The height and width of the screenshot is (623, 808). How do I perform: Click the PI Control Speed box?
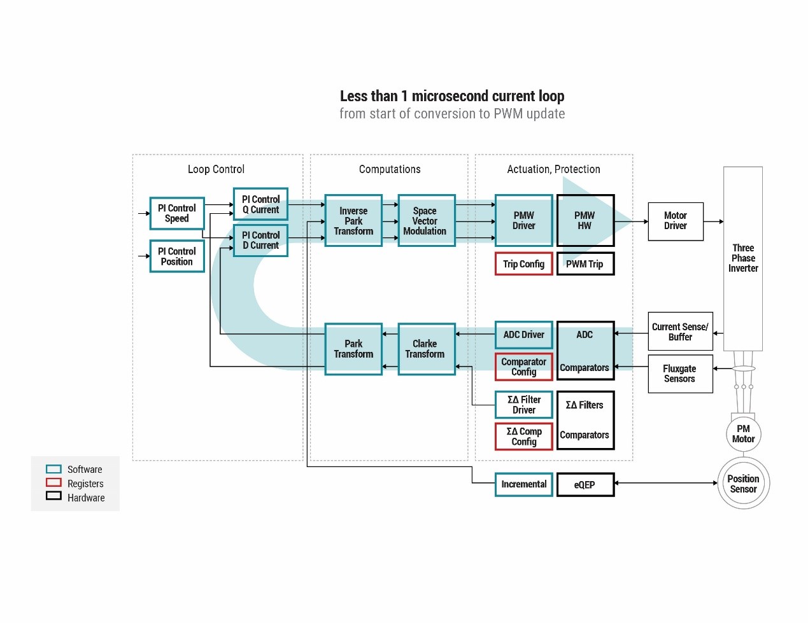coord(177,213)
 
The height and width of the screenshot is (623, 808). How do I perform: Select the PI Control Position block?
coord(177,256)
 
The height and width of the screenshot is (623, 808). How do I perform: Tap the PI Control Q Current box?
coord(260,204)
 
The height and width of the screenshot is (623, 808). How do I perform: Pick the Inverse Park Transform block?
coord(353,221)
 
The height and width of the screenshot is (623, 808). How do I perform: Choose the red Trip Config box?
coord(523,264)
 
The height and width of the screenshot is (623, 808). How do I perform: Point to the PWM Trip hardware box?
coord(585,264)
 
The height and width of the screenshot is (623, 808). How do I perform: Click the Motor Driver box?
coord(675,221)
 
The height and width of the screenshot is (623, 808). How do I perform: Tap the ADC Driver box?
coord(523,335)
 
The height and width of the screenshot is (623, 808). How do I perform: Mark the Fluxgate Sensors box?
coord(679,374)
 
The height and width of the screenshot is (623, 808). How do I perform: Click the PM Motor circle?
coord(743,434)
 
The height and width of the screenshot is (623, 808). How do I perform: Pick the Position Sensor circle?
coord(743,484)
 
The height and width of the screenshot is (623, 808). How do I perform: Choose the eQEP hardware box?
coord(585,485)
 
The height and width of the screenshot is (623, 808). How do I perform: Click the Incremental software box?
coord(523,484)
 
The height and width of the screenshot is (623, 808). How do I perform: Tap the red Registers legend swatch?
coord(54,483)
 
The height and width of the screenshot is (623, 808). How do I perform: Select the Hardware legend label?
coord(86,498)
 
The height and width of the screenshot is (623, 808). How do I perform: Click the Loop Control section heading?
coord(216,169)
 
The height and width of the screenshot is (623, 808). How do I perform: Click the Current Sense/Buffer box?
coord(679,332)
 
